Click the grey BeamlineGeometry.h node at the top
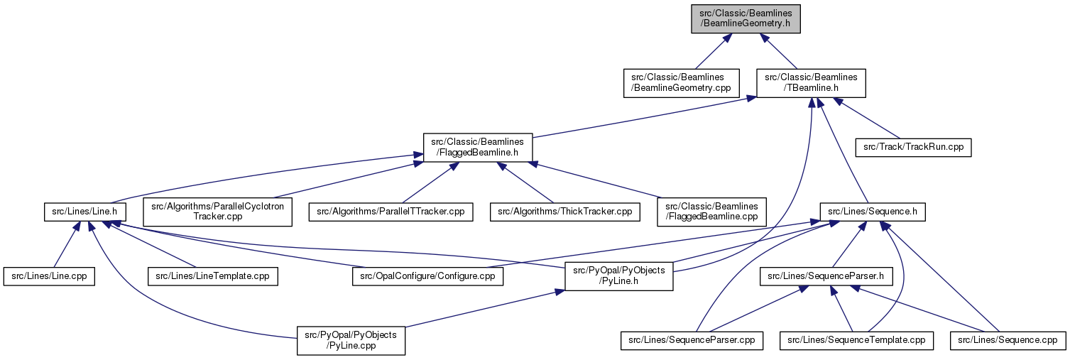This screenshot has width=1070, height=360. click(x=746, y=18)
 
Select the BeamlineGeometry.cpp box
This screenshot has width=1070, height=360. click(x=681, y=83)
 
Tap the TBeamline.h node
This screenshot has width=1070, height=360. click(x=811, y=83)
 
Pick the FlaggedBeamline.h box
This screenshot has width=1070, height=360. click(x=478, y=148)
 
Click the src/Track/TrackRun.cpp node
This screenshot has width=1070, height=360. click(x=913, y=147)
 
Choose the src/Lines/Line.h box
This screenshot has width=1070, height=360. click(x=85, y=212)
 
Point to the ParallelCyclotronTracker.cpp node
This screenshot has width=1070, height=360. click(x=217, y=212)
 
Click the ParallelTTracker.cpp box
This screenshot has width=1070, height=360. click(x=391, y=212)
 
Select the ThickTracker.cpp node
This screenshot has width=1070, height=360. click(x=565, y=212)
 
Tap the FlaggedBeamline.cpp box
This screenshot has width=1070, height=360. click(x=711, y=212)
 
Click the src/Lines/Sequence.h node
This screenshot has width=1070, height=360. click(x=873, y=212)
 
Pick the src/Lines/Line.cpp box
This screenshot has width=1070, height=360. click(x=49, y=276)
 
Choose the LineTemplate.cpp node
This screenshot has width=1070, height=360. click(x=212, y=276)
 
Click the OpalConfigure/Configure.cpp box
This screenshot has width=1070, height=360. click(x=427, y=276)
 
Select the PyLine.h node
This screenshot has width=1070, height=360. click(x=618, y=276)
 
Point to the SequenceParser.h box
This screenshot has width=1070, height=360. click(x=826, y=276)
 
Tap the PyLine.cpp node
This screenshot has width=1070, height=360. click(x=351, y=340)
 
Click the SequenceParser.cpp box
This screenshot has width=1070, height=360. click(x=692, y=340)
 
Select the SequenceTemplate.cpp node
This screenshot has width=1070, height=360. click(x=856, y=340)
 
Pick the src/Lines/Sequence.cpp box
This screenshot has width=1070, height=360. click(x=1008, y=340)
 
